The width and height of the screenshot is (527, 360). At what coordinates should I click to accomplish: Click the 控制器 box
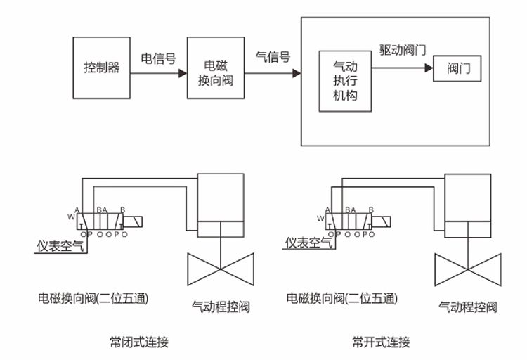pos(102,68)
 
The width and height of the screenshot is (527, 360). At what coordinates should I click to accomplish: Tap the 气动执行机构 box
pos(344,81)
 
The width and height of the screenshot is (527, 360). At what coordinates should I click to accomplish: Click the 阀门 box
pos(458,69)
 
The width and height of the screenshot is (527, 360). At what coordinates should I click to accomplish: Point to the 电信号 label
pos(158,58)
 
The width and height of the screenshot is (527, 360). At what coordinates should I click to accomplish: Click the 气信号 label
pos(273,57)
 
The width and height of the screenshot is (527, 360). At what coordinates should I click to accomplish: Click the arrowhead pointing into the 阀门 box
pos(427,69)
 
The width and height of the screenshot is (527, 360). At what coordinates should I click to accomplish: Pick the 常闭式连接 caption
pos(139,342)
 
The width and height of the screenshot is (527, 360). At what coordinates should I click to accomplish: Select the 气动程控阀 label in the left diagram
pos(221,307)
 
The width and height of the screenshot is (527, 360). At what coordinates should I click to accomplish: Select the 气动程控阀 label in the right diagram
pos(468,307)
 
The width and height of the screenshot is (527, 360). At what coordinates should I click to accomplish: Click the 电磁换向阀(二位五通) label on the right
pos(341,298)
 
